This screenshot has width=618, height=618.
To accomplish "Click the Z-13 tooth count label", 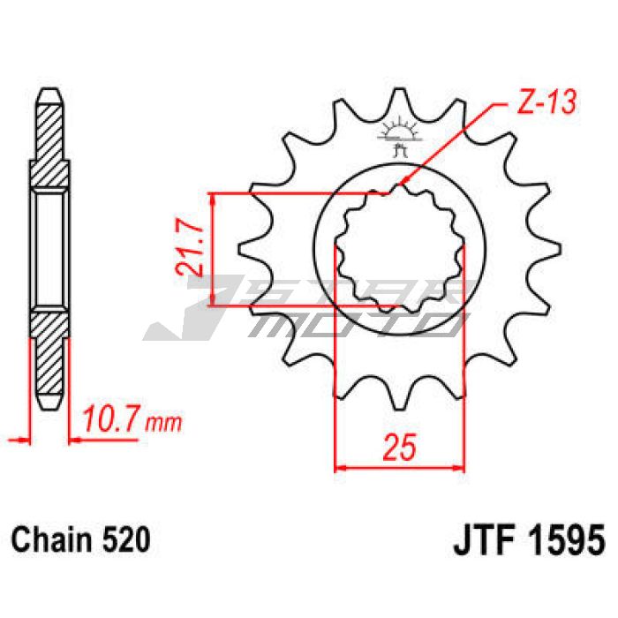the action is point(547,102).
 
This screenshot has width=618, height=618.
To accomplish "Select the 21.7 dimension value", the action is point(189,251).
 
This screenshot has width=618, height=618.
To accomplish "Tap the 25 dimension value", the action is point(400,448).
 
